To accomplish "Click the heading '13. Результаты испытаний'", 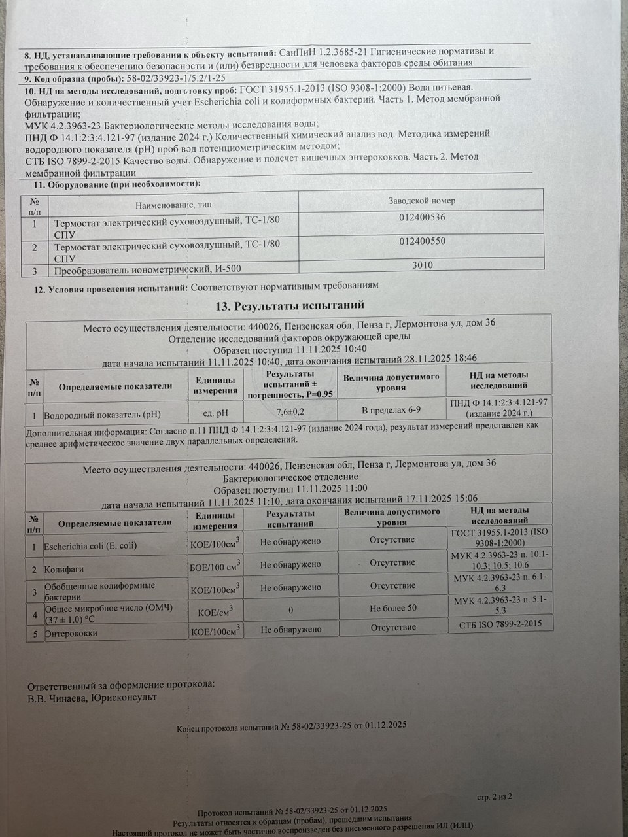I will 290,305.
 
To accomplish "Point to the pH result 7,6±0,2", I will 290,412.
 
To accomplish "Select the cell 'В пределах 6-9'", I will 391,410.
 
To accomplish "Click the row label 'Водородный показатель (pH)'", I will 102,415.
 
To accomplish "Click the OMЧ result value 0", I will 290,609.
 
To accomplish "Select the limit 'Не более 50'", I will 392,608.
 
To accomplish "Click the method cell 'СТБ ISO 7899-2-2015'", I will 500,625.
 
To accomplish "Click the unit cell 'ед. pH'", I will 214,413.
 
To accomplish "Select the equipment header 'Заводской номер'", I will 421,201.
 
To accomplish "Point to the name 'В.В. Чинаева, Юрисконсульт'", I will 92,697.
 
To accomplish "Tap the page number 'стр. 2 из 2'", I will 494,796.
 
